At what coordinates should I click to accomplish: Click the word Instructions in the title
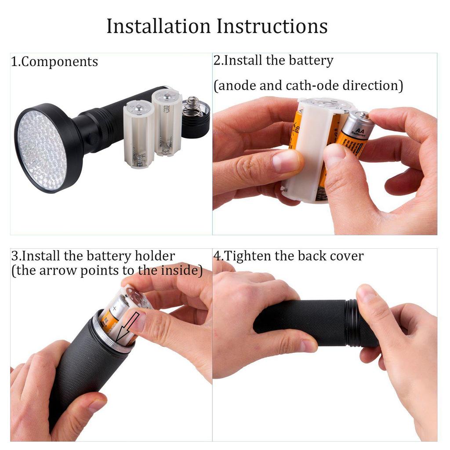coord(272,26)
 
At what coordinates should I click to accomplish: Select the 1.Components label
coord(54,62)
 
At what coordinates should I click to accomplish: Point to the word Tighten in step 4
coord(248,256)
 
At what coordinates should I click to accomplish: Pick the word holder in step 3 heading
coord(155,256)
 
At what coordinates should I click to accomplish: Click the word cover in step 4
coord(346,256)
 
